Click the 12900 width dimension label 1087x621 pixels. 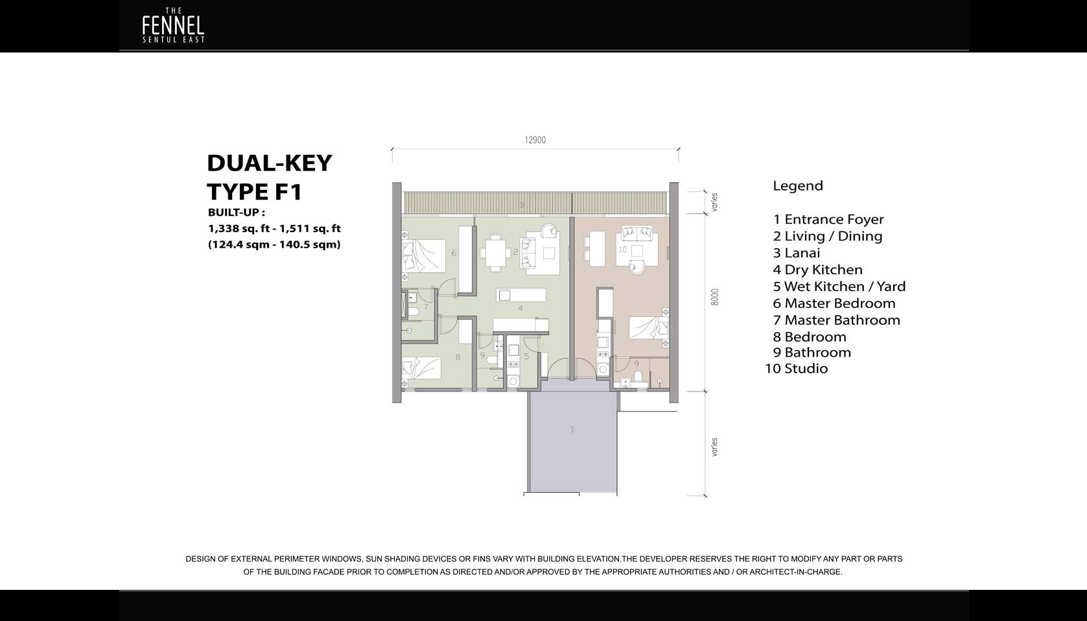[535, 140]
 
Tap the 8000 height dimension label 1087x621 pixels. [714, 297]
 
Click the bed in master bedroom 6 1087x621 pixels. [424, 255]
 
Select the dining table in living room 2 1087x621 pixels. [495, 252]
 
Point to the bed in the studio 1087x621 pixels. [649, 327]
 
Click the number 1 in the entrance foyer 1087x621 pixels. [572, 429]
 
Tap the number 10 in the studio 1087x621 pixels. [623, 250]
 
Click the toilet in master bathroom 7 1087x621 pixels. [412, 311]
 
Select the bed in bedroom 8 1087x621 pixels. [421, 368]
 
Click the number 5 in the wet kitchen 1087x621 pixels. [526, 357]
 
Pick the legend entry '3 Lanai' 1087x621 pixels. [797, 253]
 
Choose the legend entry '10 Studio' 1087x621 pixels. [797, 369]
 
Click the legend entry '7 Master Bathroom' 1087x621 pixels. [837, 320]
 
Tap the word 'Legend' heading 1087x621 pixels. [798, 186]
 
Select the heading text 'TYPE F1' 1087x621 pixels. [255, 192]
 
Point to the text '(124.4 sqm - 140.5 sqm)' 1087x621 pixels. [274, 244]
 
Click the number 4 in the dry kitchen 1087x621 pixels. [520, 308]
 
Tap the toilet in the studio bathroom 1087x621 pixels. [638, 377]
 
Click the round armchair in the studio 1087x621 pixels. [637, 267]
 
